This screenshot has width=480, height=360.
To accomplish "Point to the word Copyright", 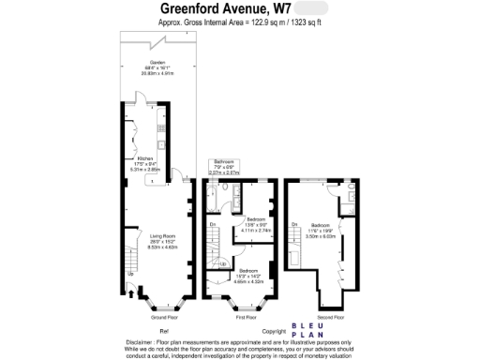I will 274,332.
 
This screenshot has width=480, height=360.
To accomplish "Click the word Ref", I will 164,332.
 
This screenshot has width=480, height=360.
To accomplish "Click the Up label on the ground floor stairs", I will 128,273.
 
